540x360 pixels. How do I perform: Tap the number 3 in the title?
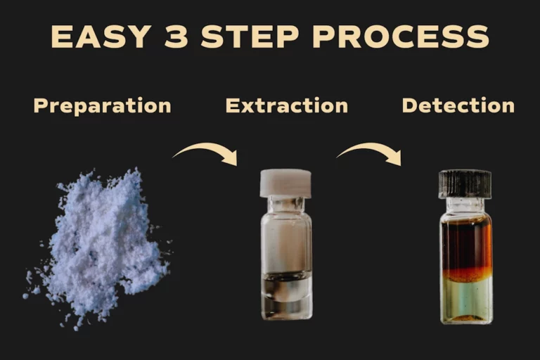[x=176, y=36]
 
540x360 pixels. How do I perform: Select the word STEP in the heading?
[x=250, y=36]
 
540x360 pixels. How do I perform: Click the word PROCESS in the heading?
[x=401, y=36]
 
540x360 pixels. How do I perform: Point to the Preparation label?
[x=102, y=105]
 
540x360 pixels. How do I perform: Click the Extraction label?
[x=287, y=105]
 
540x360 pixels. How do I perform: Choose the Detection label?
[x=458, y=105]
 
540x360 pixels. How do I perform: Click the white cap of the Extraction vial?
[x=285, y=184]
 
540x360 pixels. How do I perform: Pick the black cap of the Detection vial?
[x=465, y=184]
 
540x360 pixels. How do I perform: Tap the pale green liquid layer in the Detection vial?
[x=467, y=297]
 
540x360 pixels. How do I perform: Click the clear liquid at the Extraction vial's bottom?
[x=287, y=292]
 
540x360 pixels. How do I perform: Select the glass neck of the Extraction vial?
[x=286, y=205]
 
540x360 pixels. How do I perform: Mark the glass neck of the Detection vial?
[x=465, y=206]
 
